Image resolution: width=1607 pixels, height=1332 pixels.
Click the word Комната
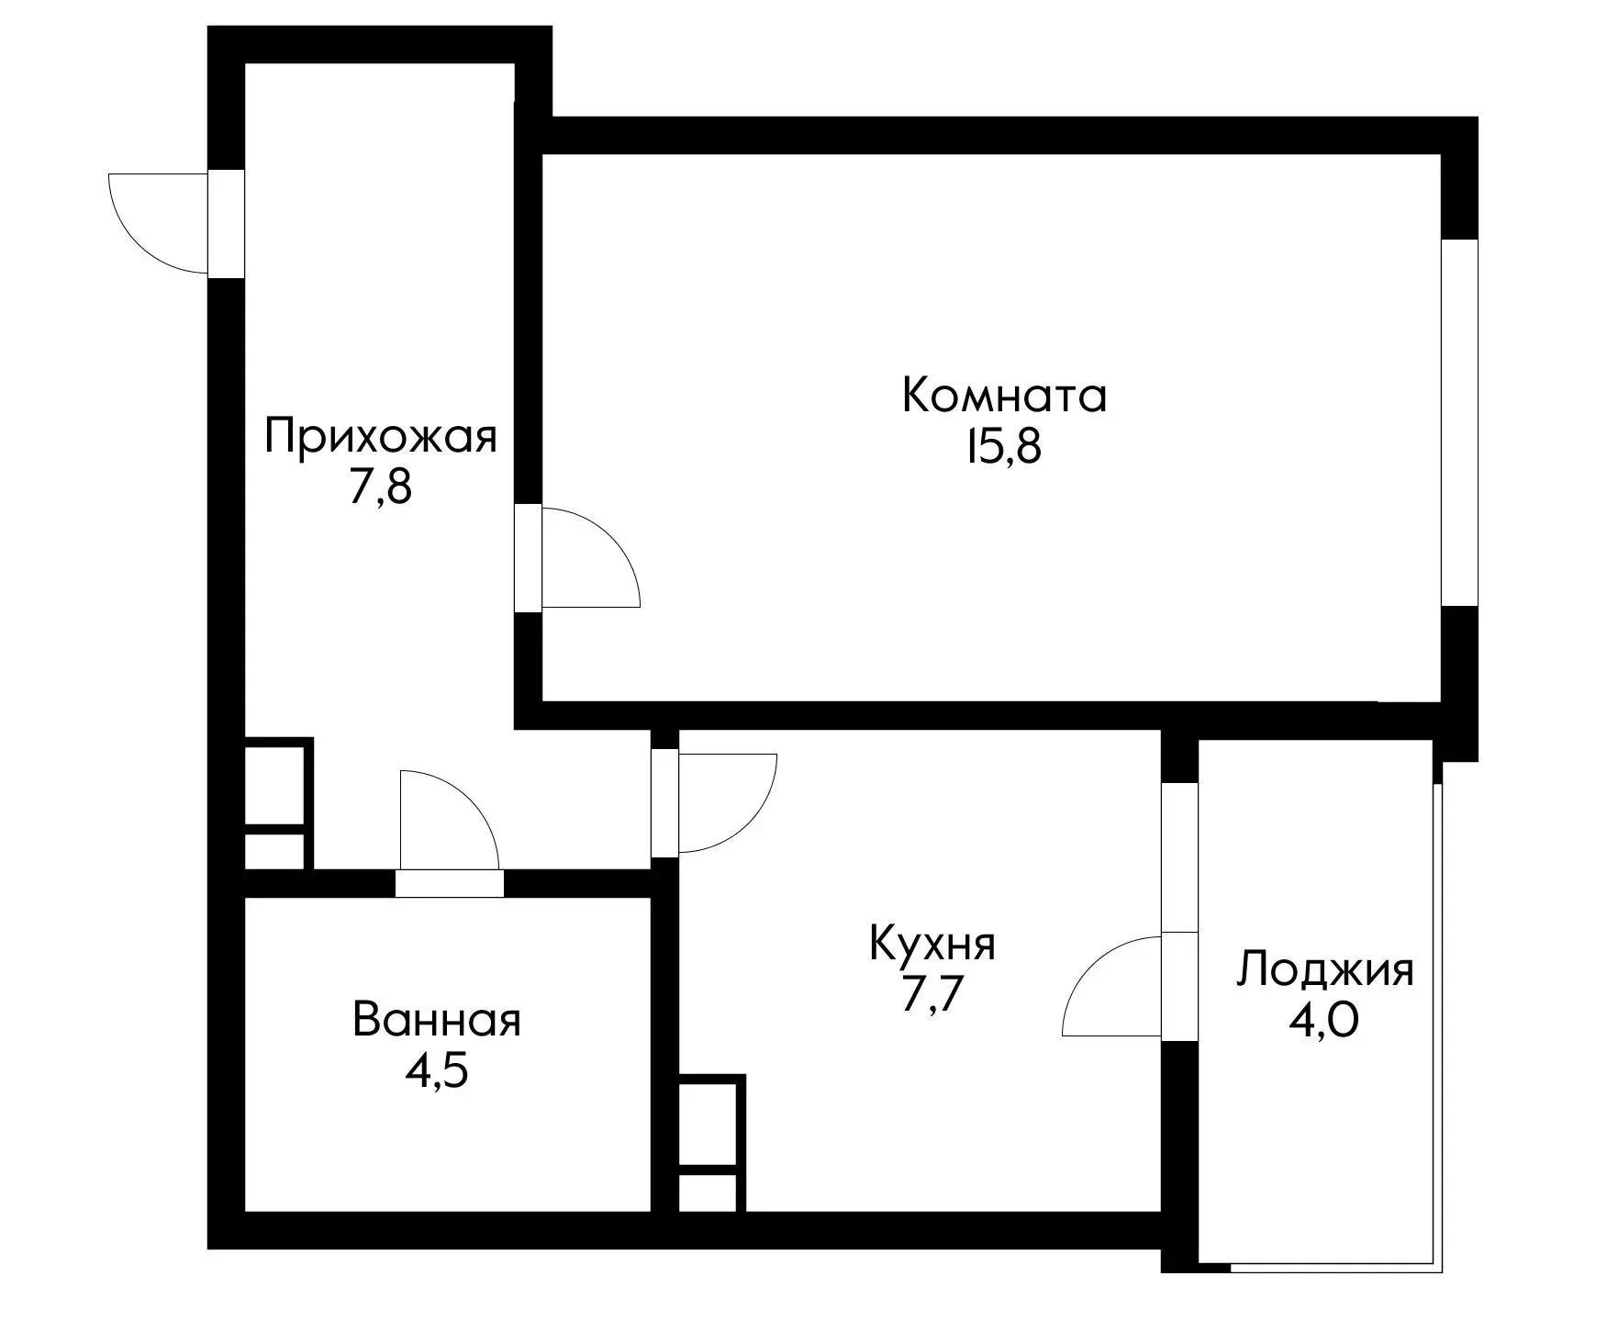pos(1004,397)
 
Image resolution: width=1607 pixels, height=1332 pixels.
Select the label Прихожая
pos(380,436)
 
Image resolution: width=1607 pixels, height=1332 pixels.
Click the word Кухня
pos(932,945)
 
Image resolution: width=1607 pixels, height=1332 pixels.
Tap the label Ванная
pos(436,1020)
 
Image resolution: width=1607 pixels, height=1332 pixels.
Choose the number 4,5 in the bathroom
pos(436,1071)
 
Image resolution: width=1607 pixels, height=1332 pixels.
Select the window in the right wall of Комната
pos(1459,422)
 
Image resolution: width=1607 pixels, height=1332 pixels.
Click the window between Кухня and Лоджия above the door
pos(1179,856)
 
